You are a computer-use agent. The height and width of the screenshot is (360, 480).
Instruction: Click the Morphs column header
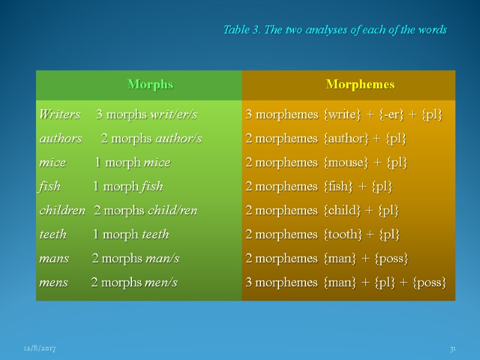point(150,85)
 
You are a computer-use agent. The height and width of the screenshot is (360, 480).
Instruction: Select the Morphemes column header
point(360,85)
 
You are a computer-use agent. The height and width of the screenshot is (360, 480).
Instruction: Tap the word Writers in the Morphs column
point(59,115)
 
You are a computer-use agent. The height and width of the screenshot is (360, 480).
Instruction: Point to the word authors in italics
point(61,139)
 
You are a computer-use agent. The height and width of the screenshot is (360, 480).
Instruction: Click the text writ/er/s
point(175,115)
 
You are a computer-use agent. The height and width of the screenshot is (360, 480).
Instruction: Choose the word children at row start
point(62,211)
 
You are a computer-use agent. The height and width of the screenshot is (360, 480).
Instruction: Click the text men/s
point(161,283)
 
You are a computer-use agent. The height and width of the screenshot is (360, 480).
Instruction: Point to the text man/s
point(162,259)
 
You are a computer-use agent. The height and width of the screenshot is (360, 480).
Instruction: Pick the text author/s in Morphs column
point(179,139)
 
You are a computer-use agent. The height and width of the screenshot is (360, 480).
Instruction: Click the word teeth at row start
point(53,235)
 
